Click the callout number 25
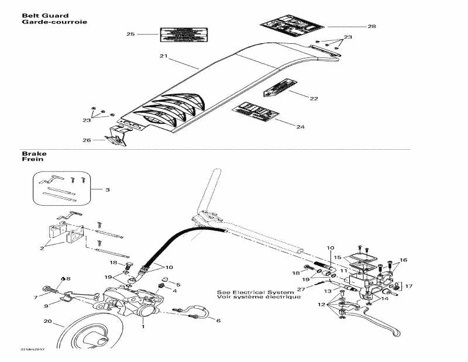[x=130, y=35]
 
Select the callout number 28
[x=371, y=26]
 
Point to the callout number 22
[x=314, y=98]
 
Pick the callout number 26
[x=87, y=140]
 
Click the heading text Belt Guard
[x=37, y=15]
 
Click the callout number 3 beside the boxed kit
[x=107, y=189]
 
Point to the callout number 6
[x=218, y=320]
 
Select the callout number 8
[x=68, y=279]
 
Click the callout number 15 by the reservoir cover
[x=336, y=257]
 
